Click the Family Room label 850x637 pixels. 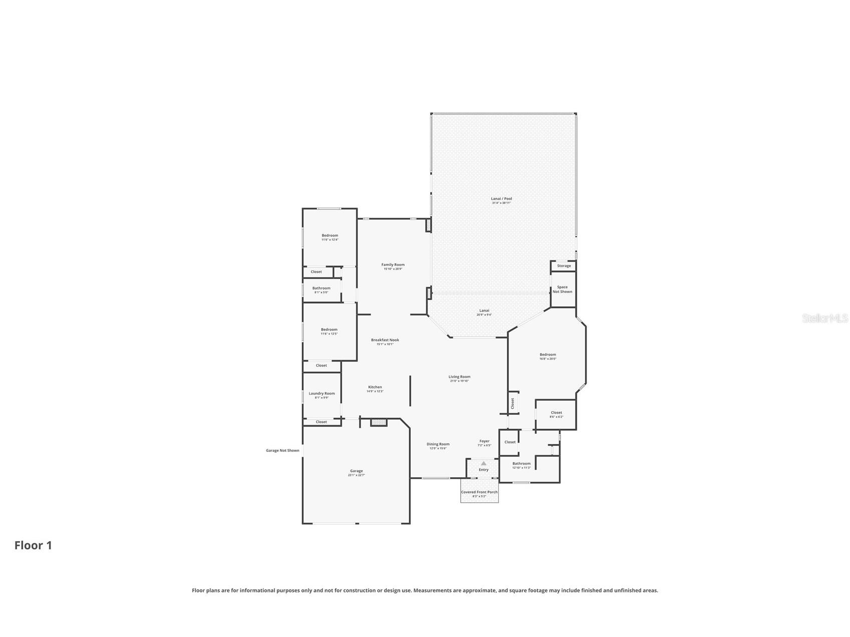pos(393,265)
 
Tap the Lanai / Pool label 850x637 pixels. pos(501,199)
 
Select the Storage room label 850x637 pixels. pos(563,266)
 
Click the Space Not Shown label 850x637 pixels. pos(562,289)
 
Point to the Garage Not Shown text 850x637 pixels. pos(282,451)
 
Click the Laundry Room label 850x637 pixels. pos(322,394)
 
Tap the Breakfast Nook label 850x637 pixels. pos(385,341)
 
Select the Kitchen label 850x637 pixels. pos(375,388)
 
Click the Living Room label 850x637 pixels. pos(459,378)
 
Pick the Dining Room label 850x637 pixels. pos(438,445)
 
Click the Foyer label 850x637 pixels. pos(484,442)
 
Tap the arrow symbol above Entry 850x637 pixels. pos(483,464)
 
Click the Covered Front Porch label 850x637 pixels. pos(479,493)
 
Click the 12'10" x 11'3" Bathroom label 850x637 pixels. pos(521,464)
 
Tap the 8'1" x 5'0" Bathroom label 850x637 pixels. pos(321,289)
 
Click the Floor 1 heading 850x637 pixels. pos(33,545)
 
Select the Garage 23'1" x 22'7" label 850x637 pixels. pos(356,472)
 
